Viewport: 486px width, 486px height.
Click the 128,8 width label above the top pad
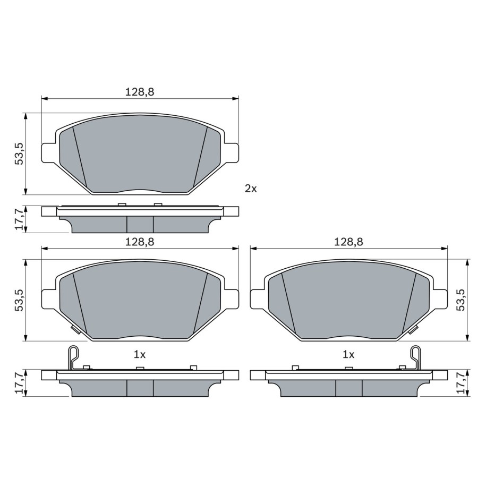pos(140,92)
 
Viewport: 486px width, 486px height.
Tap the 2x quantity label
pos(251,188)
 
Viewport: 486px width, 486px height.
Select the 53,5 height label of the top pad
pos(20,154)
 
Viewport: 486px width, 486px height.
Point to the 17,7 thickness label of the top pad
pos(20,219)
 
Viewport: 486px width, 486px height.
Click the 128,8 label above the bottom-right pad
pos(348,242)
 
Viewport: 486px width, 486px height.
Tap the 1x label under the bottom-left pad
pos(140,355)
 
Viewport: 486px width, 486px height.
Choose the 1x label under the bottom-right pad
pos(348,355)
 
